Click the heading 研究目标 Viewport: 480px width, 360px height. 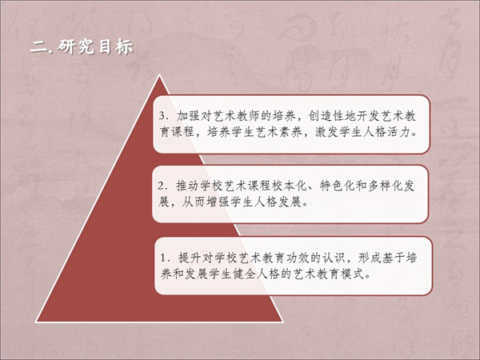click(x=95, y=47)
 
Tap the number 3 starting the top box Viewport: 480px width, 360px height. click(x=162, y=116)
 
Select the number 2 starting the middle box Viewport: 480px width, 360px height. click(x=162, y=186)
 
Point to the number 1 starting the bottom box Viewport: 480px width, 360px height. click(x=163, y=258)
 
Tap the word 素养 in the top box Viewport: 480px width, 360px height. click(x=291, y=132)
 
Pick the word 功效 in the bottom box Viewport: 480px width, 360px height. click(x=298, y=258)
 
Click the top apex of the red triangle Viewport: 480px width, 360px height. click(x=159, y=75)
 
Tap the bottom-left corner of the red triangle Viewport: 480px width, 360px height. click(x=37, y=322)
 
